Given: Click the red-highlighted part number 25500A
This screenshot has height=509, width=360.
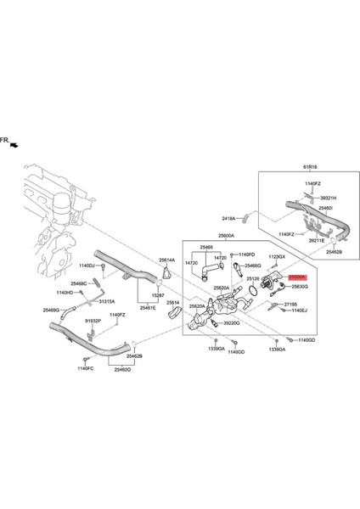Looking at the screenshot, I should tap(297, 277).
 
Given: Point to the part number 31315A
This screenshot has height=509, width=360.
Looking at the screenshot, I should tap(107, 301).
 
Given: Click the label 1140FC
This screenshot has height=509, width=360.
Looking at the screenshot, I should tap(85, 368).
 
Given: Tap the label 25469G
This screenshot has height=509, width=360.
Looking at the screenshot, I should tap(52, 310).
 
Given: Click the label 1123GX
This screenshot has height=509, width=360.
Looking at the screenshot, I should tap(277, 256).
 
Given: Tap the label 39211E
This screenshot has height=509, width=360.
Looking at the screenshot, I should tap(318, 240).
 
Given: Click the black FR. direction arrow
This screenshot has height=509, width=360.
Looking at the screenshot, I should tap(12, 146).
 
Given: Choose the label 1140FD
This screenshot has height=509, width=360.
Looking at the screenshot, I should tap(246, 254).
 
